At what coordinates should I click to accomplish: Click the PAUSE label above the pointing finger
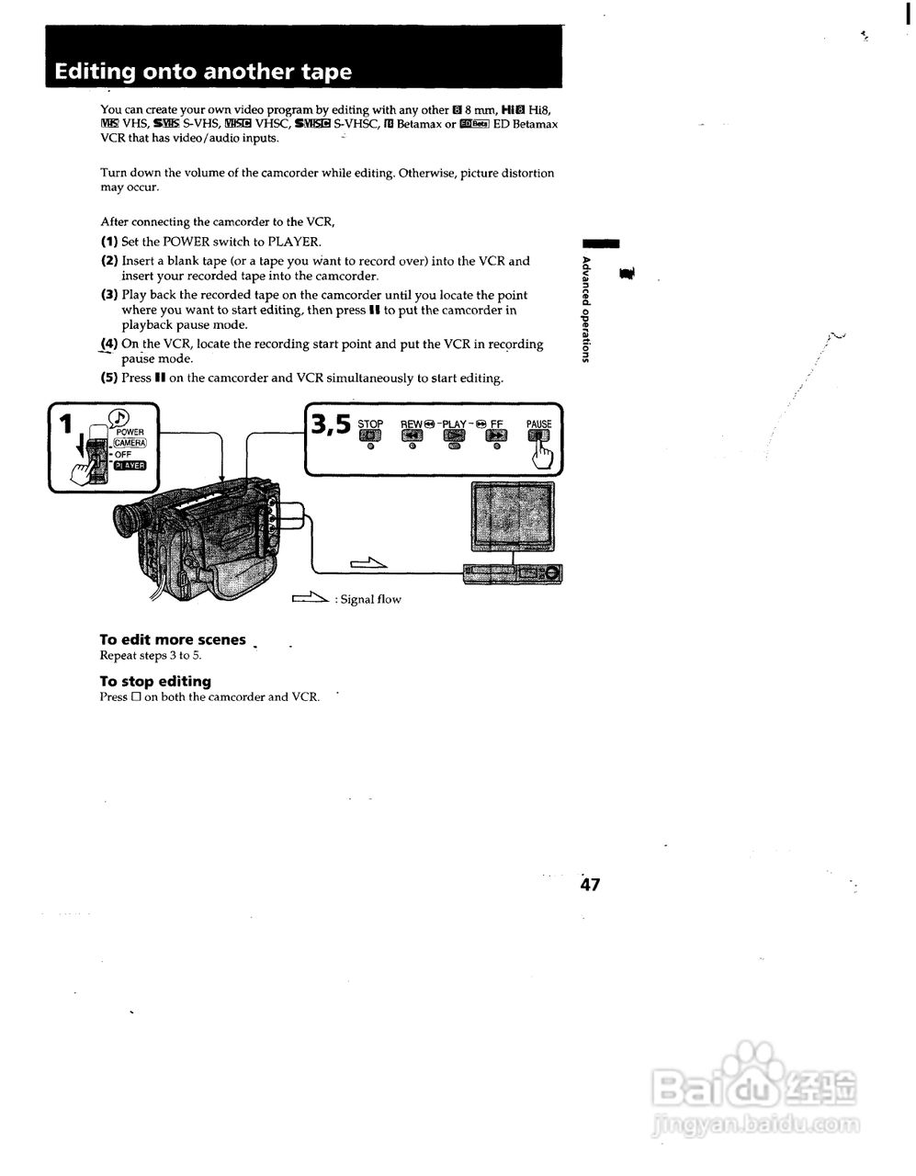point(539,424)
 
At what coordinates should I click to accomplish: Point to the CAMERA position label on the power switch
point(129,443)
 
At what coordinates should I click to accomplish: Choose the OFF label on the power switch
point(123,454)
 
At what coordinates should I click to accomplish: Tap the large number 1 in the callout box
point(65,424)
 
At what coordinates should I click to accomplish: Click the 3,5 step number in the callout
point(332,424)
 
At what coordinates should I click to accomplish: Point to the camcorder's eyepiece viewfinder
point(130,518)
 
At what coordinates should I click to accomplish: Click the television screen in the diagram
point(513,518)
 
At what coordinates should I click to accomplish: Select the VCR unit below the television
point(513,573)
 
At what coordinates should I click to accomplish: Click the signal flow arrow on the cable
point(368,563)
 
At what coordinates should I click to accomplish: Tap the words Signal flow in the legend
point(370,599)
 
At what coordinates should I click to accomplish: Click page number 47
point(590,885)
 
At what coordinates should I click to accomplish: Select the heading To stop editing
point(155,681)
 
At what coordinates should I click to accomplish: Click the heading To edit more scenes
point(173,639)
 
